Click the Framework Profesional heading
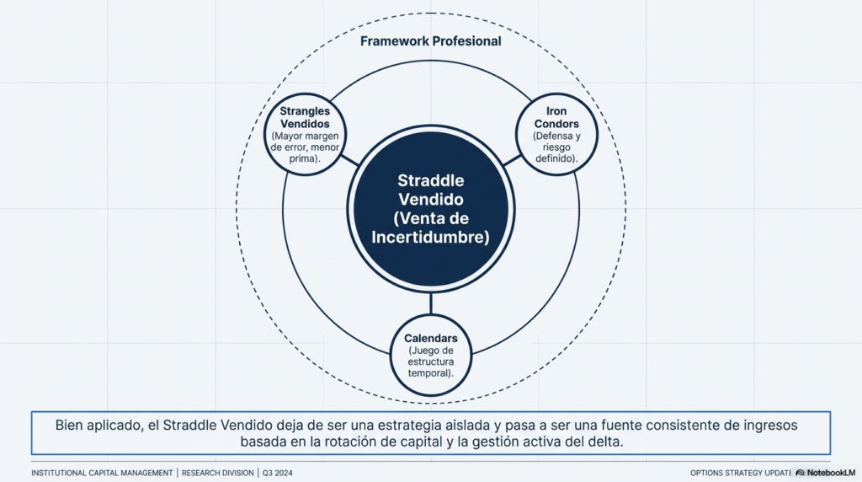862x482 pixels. (x=430, y=41)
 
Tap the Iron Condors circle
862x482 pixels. (x=556, y=134)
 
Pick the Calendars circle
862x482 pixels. (x=430, y=355)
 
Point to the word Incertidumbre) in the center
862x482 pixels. (x=430, y=237)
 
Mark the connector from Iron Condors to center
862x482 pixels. (x=512, y=160)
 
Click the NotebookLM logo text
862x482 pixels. (x=830, y=473)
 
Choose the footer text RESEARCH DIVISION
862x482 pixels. (x=217, y=473)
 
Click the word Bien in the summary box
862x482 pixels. (x=71, y=426)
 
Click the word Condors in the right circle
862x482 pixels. (x=556, y=124)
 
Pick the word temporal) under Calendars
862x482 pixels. (x=430, y=372)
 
